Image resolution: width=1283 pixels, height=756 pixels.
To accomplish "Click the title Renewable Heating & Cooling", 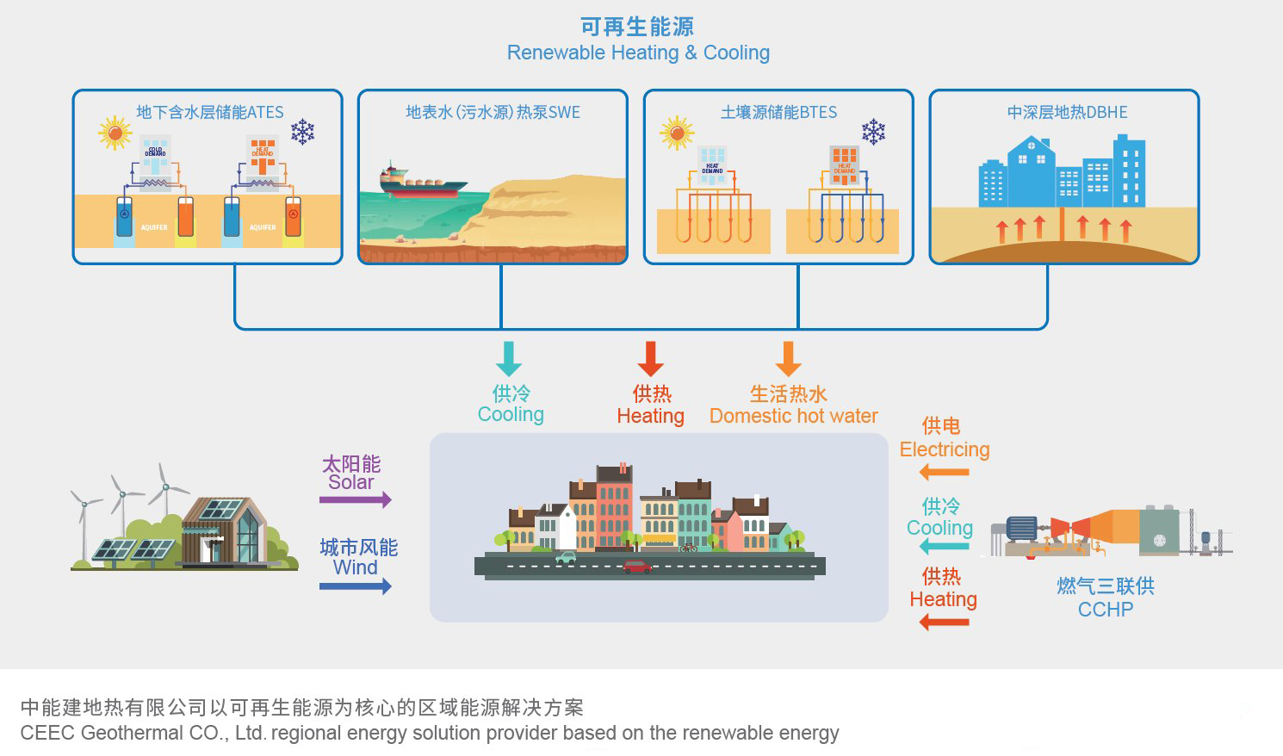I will pos(638,53).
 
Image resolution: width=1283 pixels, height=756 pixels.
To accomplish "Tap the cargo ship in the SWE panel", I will pos(422,182).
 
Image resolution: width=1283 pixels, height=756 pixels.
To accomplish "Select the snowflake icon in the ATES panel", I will pos(302,132).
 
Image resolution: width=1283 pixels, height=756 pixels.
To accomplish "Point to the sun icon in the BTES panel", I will pos(677,133).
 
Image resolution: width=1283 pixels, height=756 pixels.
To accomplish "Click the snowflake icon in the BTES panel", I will pos(873,132).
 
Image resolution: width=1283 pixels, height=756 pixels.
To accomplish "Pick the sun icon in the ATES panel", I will pos(115,133).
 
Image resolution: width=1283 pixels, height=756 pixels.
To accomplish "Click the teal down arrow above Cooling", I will pos(509,358).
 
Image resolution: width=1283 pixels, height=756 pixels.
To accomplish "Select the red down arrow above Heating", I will pos(650,358).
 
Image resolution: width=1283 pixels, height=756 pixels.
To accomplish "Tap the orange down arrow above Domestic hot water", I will pos(788,358).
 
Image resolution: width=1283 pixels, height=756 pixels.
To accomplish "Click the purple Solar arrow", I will pos(356,499).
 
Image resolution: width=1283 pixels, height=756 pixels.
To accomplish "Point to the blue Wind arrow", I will pos(356,586).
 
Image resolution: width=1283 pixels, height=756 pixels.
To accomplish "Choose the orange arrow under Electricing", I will pos(944,472).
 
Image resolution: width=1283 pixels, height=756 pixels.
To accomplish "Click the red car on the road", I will pos(637,567).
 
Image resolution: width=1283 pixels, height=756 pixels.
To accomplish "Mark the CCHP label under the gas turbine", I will pos(1106,610).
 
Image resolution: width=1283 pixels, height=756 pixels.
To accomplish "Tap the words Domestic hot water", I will pos(793,417).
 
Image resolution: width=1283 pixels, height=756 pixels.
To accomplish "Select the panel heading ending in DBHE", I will pos(1067,112).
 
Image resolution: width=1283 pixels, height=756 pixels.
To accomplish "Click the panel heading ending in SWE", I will pos(493,112).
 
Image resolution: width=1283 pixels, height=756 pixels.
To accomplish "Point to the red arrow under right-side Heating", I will pos(944,622).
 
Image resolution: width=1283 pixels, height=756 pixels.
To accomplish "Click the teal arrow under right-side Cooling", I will pos(944,547).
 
